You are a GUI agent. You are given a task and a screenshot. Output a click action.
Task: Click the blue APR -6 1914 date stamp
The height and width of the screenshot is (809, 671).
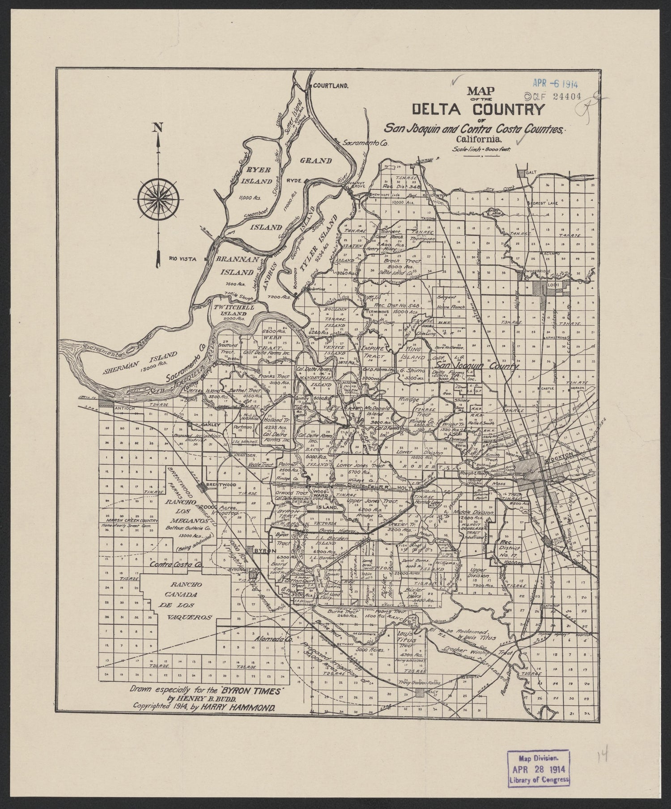pos(554,83)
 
